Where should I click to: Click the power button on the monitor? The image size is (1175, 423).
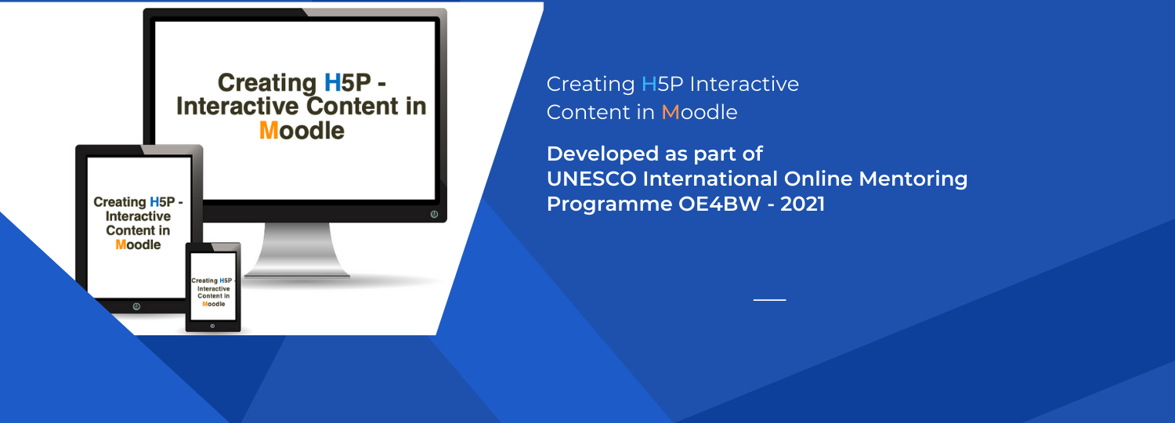[x=434, y=214]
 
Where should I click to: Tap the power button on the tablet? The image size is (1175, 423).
[x=136, y=306]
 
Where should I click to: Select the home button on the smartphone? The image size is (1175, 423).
[x=212, y=326]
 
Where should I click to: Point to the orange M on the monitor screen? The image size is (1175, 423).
[x=269, y=130]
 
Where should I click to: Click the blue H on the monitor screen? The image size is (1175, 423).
[x=333, y=82]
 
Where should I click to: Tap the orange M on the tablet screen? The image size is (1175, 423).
[x=121, y=244]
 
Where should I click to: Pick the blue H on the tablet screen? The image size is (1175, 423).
[x=154, y=202]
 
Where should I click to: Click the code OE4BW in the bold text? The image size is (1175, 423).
[x=719, y=204]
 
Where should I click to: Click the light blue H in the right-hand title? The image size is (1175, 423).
[x=649, y=84]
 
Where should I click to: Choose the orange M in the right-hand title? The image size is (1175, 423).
[x=670, y=112]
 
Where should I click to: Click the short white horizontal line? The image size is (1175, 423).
[x=769, y=300]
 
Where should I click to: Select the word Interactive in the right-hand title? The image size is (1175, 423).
[x=744, y=84]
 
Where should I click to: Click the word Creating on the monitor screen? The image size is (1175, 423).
[x=267, y=83]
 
